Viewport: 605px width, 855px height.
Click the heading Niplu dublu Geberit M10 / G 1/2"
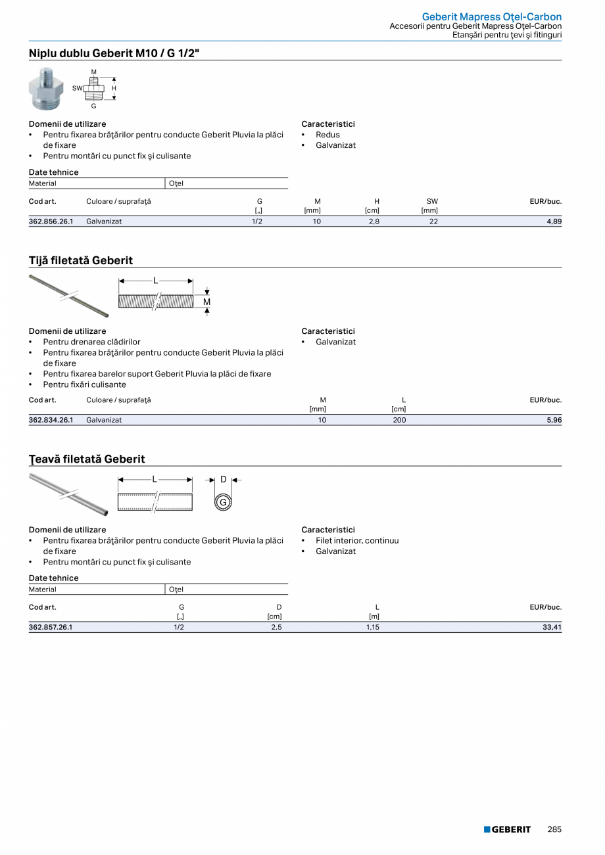coord(114,53)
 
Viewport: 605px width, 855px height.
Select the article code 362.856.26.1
coord(51,221)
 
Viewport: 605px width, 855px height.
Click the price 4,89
coord(554,221)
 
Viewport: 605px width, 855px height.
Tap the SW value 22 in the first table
coord(433,221)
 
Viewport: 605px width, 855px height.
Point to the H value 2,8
coord(374,221)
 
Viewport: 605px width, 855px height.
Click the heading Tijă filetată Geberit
coord(81,260)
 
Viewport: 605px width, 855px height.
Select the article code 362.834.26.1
coord(51,420)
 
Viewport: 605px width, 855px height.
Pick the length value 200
coord(399,420)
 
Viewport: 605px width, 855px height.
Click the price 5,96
coord(554,420)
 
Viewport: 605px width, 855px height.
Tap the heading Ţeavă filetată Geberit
coord(87,459)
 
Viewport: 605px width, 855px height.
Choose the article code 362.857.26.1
coord(51,627)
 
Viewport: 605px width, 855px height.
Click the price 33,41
coord(552,627)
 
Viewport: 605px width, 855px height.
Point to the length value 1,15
coord(373,627)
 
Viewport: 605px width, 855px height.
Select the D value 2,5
coord(277,627)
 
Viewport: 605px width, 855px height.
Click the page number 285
coord(554,829)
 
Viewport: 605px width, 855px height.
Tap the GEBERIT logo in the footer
coord(507,829)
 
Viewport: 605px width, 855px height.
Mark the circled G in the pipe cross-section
coord(223,503)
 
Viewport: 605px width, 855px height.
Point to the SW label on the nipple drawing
coord(77,88)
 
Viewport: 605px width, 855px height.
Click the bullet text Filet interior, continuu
coord(357,541)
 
